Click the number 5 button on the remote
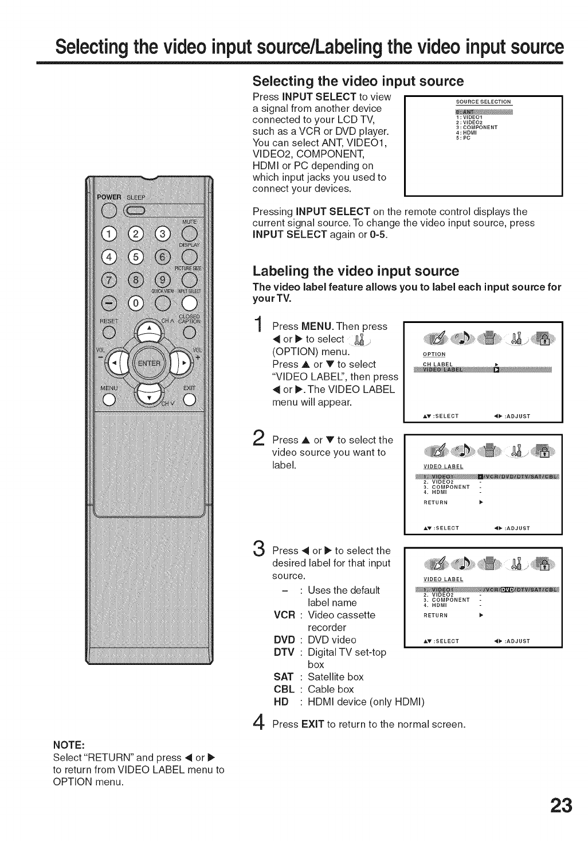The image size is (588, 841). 135,256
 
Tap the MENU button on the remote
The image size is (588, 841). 107,400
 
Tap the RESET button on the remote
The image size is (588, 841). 107,331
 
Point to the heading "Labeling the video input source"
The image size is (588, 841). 356,271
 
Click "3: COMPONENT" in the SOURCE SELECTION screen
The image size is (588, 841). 476,127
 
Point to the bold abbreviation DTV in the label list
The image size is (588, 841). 284,652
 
